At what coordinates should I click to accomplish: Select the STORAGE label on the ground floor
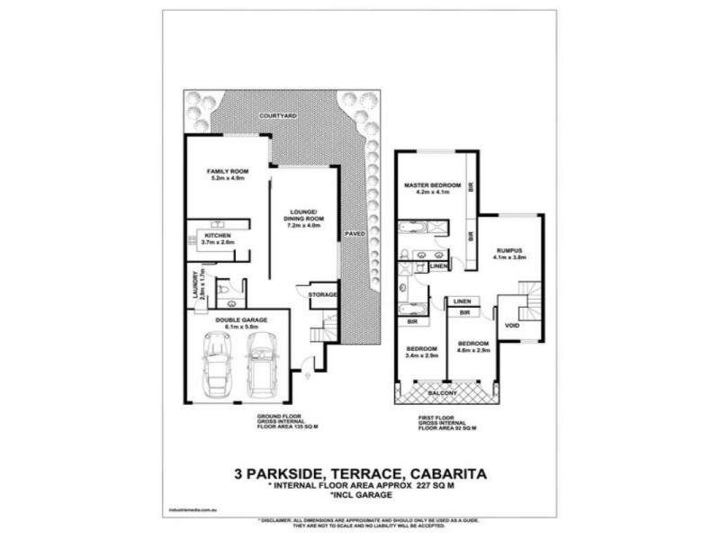[322, 294]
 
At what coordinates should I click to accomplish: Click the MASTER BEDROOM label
[432, 184]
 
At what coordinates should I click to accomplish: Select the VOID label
[512, 325]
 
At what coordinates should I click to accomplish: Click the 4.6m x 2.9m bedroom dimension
[472, 351]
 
